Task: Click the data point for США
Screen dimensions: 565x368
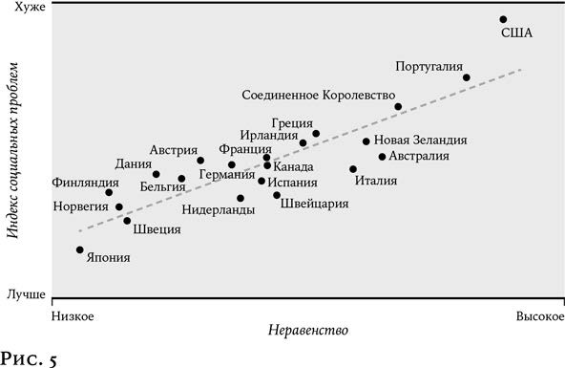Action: click(x=503, y=19)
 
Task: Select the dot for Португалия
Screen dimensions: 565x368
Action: click(x=466, y=77)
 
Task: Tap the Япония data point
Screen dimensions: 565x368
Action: click(x=80, y=249)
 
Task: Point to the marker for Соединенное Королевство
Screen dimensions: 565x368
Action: click(x=398, y=107)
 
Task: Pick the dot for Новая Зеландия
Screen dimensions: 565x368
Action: click(x=366, y=141)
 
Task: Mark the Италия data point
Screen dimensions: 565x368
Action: click(x=353, y=169)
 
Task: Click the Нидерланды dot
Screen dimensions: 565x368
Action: click(x=241, y=198)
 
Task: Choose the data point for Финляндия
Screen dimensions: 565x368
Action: click(x=109, y=193)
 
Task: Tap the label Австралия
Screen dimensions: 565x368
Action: click(x=421, y=156)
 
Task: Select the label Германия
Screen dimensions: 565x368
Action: click(x=227, y=174)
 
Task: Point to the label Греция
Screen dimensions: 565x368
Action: click(x=289, y=122)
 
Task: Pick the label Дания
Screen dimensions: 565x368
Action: click(x=133, y=162)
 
